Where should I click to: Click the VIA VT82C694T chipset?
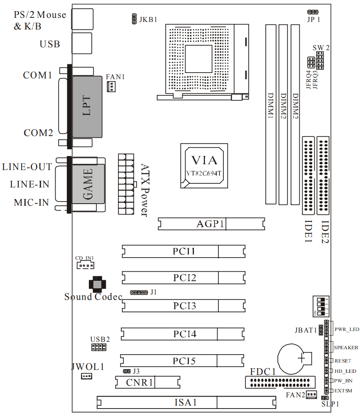[x=204, y=166]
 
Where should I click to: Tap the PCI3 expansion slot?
[x=184, y=306]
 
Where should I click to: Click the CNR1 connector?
[x=148, y=382]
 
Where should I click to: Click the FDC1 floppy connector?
[x=280, y=382]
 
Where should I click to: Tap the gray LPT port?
[x=87, y=107]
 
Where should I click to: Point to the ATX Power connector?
[x=126, y=184]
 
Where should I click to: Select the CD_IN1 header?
[x=85, y=265]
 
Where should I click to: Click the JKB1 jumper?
[x=134, y=19]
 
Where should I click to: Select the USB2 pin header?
[x=98, y=346]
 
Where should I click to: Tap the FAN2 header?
[x=311, y=394]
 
